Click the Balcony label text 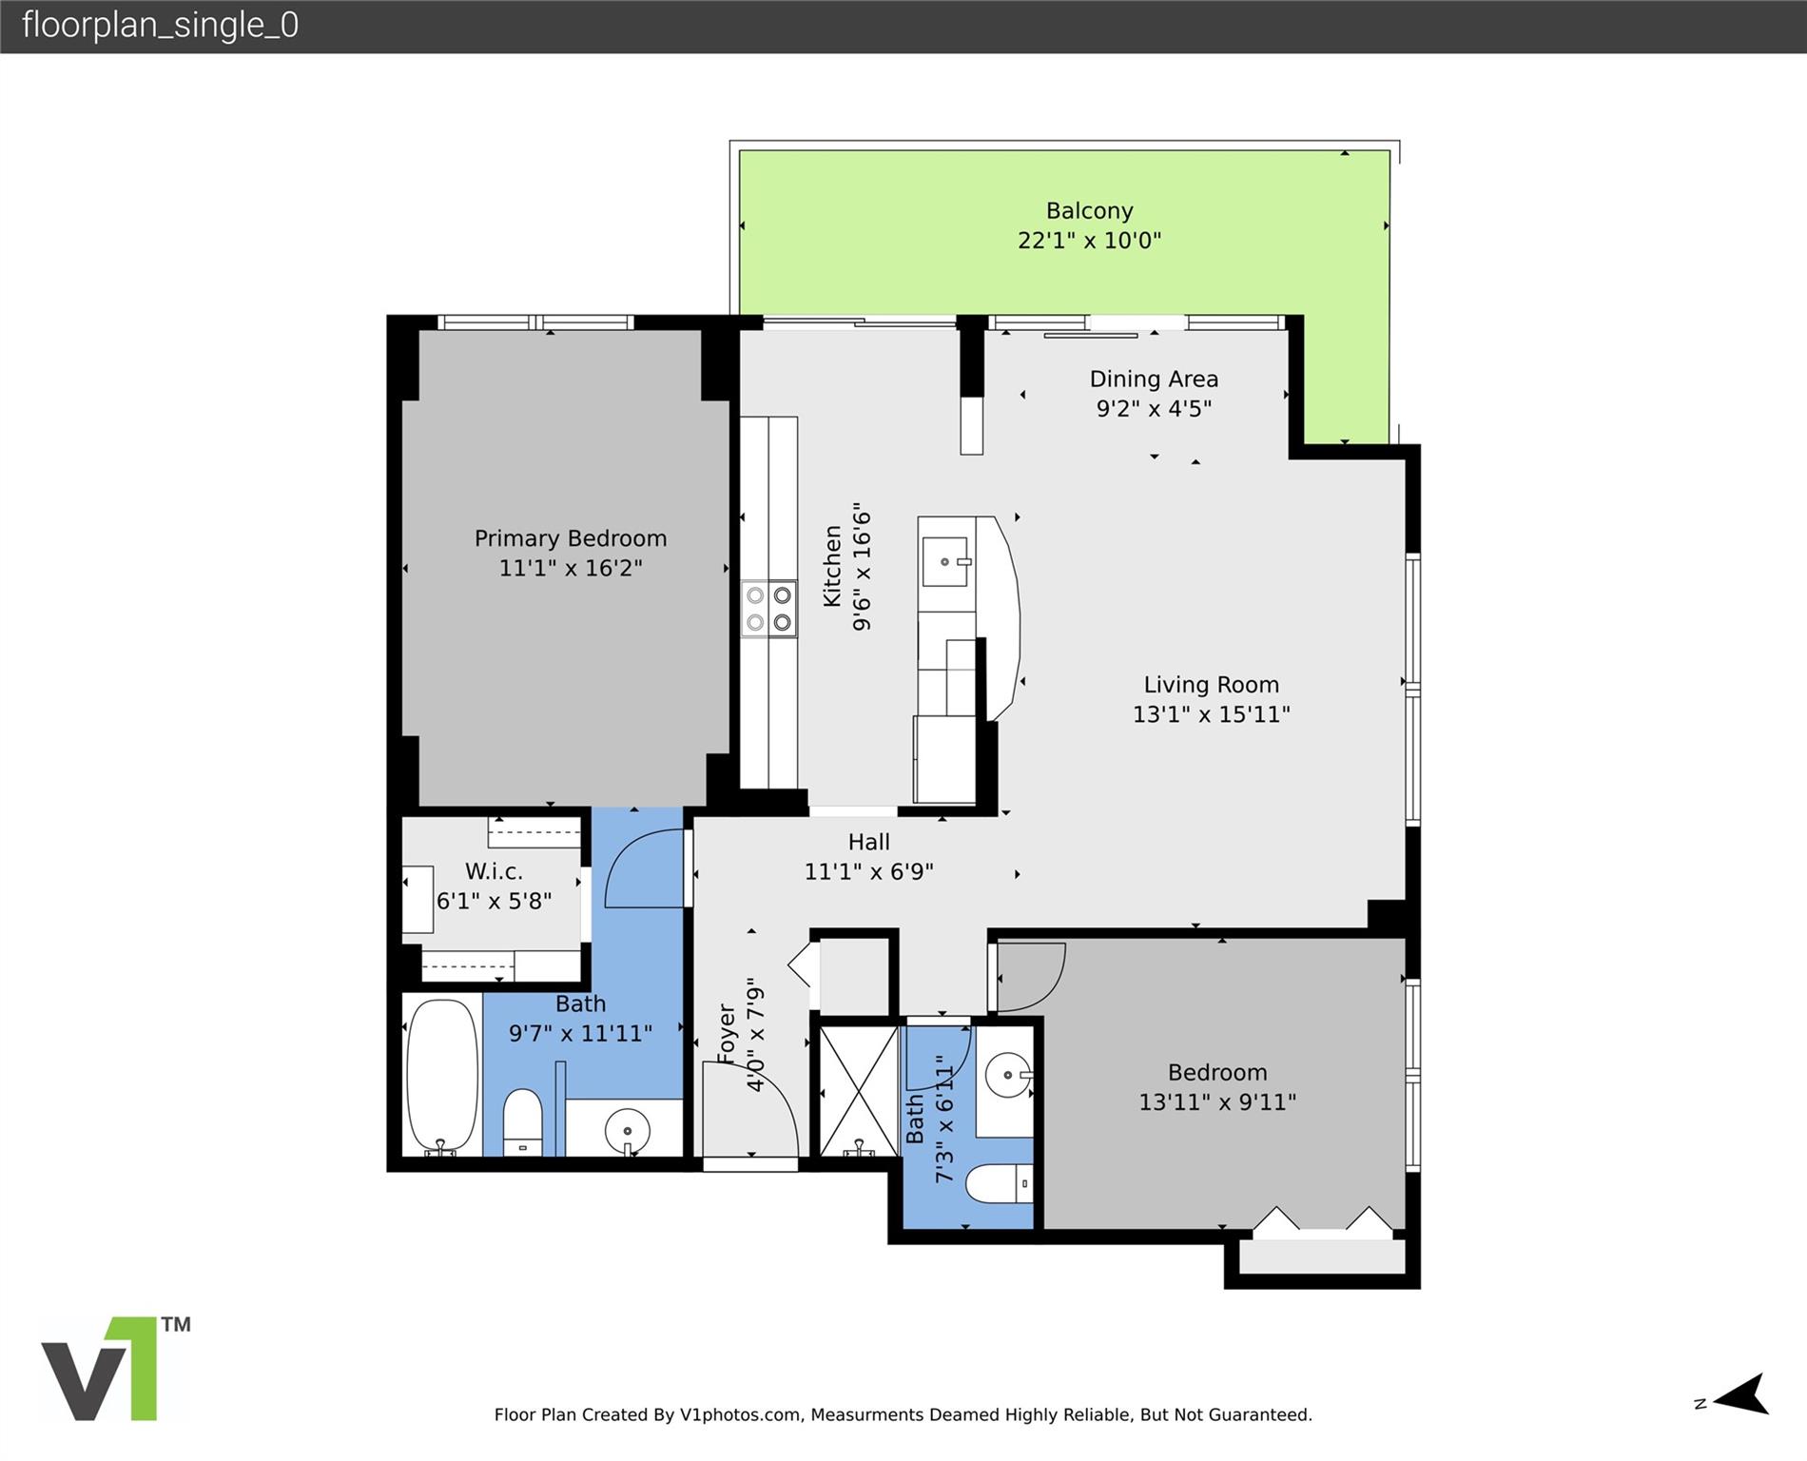point(1089,210)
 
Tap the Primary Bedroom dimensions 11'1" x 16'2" point(571,568)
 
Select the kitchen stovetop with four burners point(768,609)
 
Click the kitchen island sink point(946,562)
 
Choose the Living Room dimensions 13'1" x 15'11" point(1211,714)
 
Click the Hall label point(869,842)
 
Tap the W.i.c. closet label point(494,871)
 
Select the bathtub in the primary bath point(442,1076)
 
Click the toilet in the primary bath point(522,1122)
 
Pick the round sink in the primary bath point(628,1131)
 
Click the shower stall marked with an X point(859,1091)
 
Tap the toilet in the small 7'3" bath point(999,1184)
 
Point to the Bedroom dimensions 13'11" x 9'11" point(1218,1102)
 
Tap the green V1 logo point(114,1369)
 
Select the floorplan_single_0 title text point(160,25)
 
